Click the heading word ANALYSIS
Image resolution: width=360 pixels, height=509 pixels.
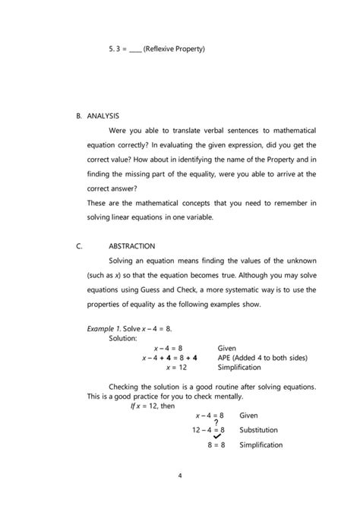click(x=103, y=117)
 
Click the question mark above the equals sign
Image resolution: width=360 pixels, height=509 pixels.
click(x=216, y=423)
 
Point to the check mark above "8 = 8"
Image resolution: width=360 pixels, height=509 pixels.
click(x=217, y=437)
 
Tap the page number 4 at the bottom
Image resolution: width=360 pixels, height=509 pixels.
click(x=180, y=476)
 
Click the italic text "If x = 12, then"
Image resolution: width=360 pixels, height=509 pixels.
click(x=153, y=406)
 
